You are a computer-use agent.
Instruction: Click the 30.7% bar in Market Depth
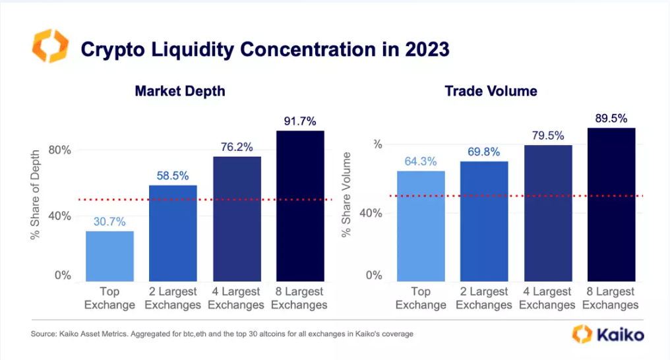[x=109, y=255]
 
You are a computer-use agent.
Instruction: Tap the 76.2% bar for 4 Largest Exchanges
[x=237, y=218]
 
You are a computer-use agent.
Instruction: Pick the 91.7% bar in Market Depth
[x=300, y=205]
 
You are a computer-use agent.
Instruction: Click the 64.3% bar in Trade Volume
[x=421, y=225]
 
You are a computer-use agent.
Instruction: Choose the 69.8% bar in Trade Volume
[x=485, y=220]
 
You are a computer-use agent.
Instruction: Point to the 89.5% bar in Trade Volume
[x=611, y=204]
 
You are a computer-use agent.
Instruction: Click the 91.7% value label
[x=300, y=121]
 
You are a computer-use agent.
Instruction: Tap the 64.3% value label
[x=421, y=162]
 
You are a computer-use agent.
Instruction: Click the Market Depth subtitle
[x=180, y=91]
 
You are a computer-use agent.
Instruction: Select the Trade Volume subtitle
[x=491, y=91]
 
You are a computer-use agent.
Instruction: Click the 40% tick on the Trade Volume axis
[x=371, y=213]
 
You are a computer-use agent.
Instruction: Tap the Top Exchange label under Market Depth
[x=109, y=298]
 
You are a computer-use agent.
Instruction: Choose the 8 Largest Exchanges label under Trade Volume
[x=611, y=298]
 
